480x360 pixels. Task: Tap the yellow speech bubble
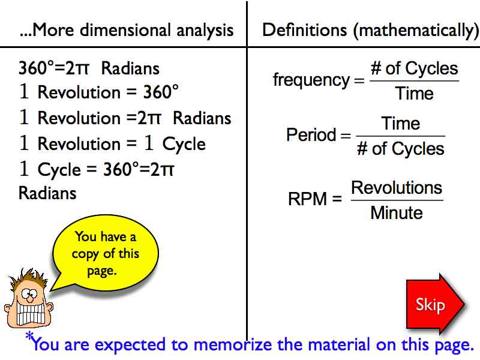pos(106,253)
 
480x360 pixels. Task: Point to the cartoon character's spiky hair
pos(28,278)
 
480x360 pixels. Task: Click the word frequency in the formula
pos(311,80)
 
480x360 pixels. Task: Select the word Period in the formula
pos(311,134)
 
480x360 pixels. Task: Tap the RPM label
pos(307,199)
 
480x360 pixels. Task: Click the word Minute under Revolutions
pos(397,213)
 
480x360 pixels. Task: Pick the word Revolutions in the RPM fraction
pos(397,187)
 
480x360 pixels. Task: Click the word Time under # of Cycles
pos(414,94)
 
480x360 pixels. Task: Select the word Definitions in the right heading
pos(304,30)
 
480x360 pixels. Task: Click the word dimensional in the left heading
pos(125,30)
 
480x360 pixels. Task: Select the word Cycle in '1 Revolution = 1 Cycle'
pos(184,145)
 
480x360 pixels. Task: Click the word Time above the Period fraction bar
pos(400,124)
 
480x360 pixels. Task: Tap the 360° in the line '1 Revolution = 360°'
pos(161,92)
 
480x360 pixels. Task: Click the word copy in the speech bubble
pos(85,254)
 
